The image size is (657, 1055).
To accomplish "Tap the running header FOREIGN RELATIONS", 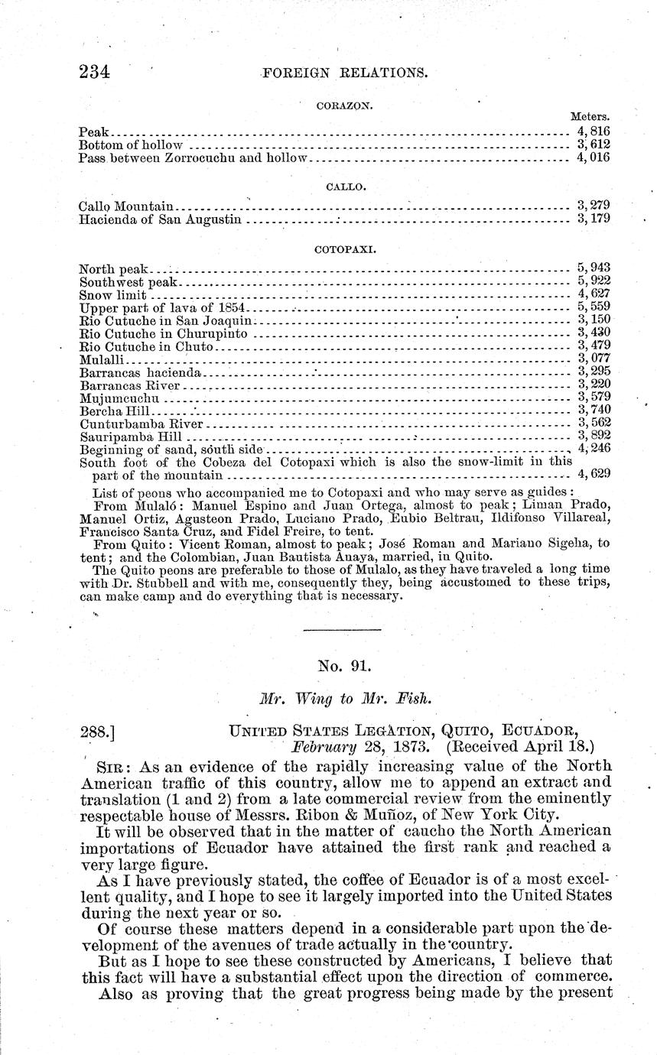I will click(343, 73).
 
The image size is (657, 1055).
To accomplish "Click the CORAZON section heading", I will click(343, 106).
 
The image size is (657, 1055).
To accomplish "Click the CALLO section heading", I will click(343, 185).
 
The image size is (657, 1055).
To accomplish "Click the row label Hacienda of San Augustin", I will click(161, 220).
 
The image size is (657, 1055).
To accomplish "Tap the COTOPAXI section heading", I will click(343, 249).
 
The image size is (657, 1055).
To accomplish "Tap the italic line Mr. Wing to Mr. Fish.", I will click(343, 698).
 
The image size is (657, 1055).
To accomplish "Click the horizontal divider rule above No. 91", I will click(342, 630).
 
